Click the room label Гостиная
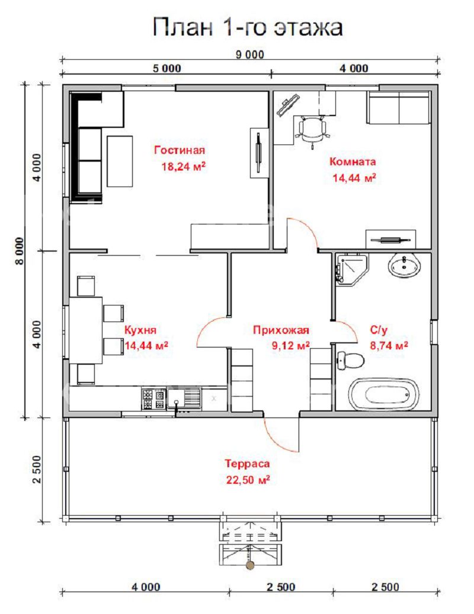(x=180, y=150)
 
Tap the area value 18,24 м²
(x=183, y=166)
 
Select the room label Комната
(x=353, y=161)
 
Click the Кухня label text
(x=140, y=330)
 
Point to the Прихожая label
(x=281, y=330)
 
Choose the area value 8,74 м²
(x=389, y=345)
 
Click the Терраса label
(x=247, y=464)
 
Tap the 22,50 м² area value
(x=248, y=480)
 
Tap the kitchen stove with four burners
(x=153, y=399)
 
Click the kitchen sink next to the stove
(x=184, y=398)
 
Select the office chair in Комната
(x=312, y=130)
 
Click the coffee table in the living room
(x=120, y=161)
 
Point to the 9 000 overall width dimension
(x=250, y=54)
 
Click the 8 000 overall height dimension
(x=20, y=251)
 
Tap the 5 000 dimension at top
(x=167, y=69)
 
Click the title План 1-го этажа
(x=248, y=27)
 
